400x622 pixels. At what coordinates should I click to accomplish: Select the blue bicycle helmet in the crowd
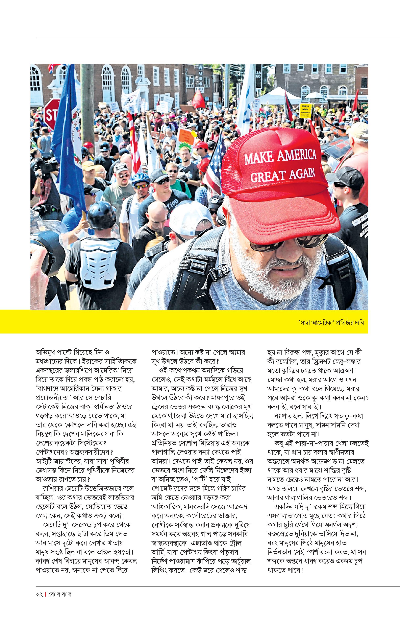pos(141,178)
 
